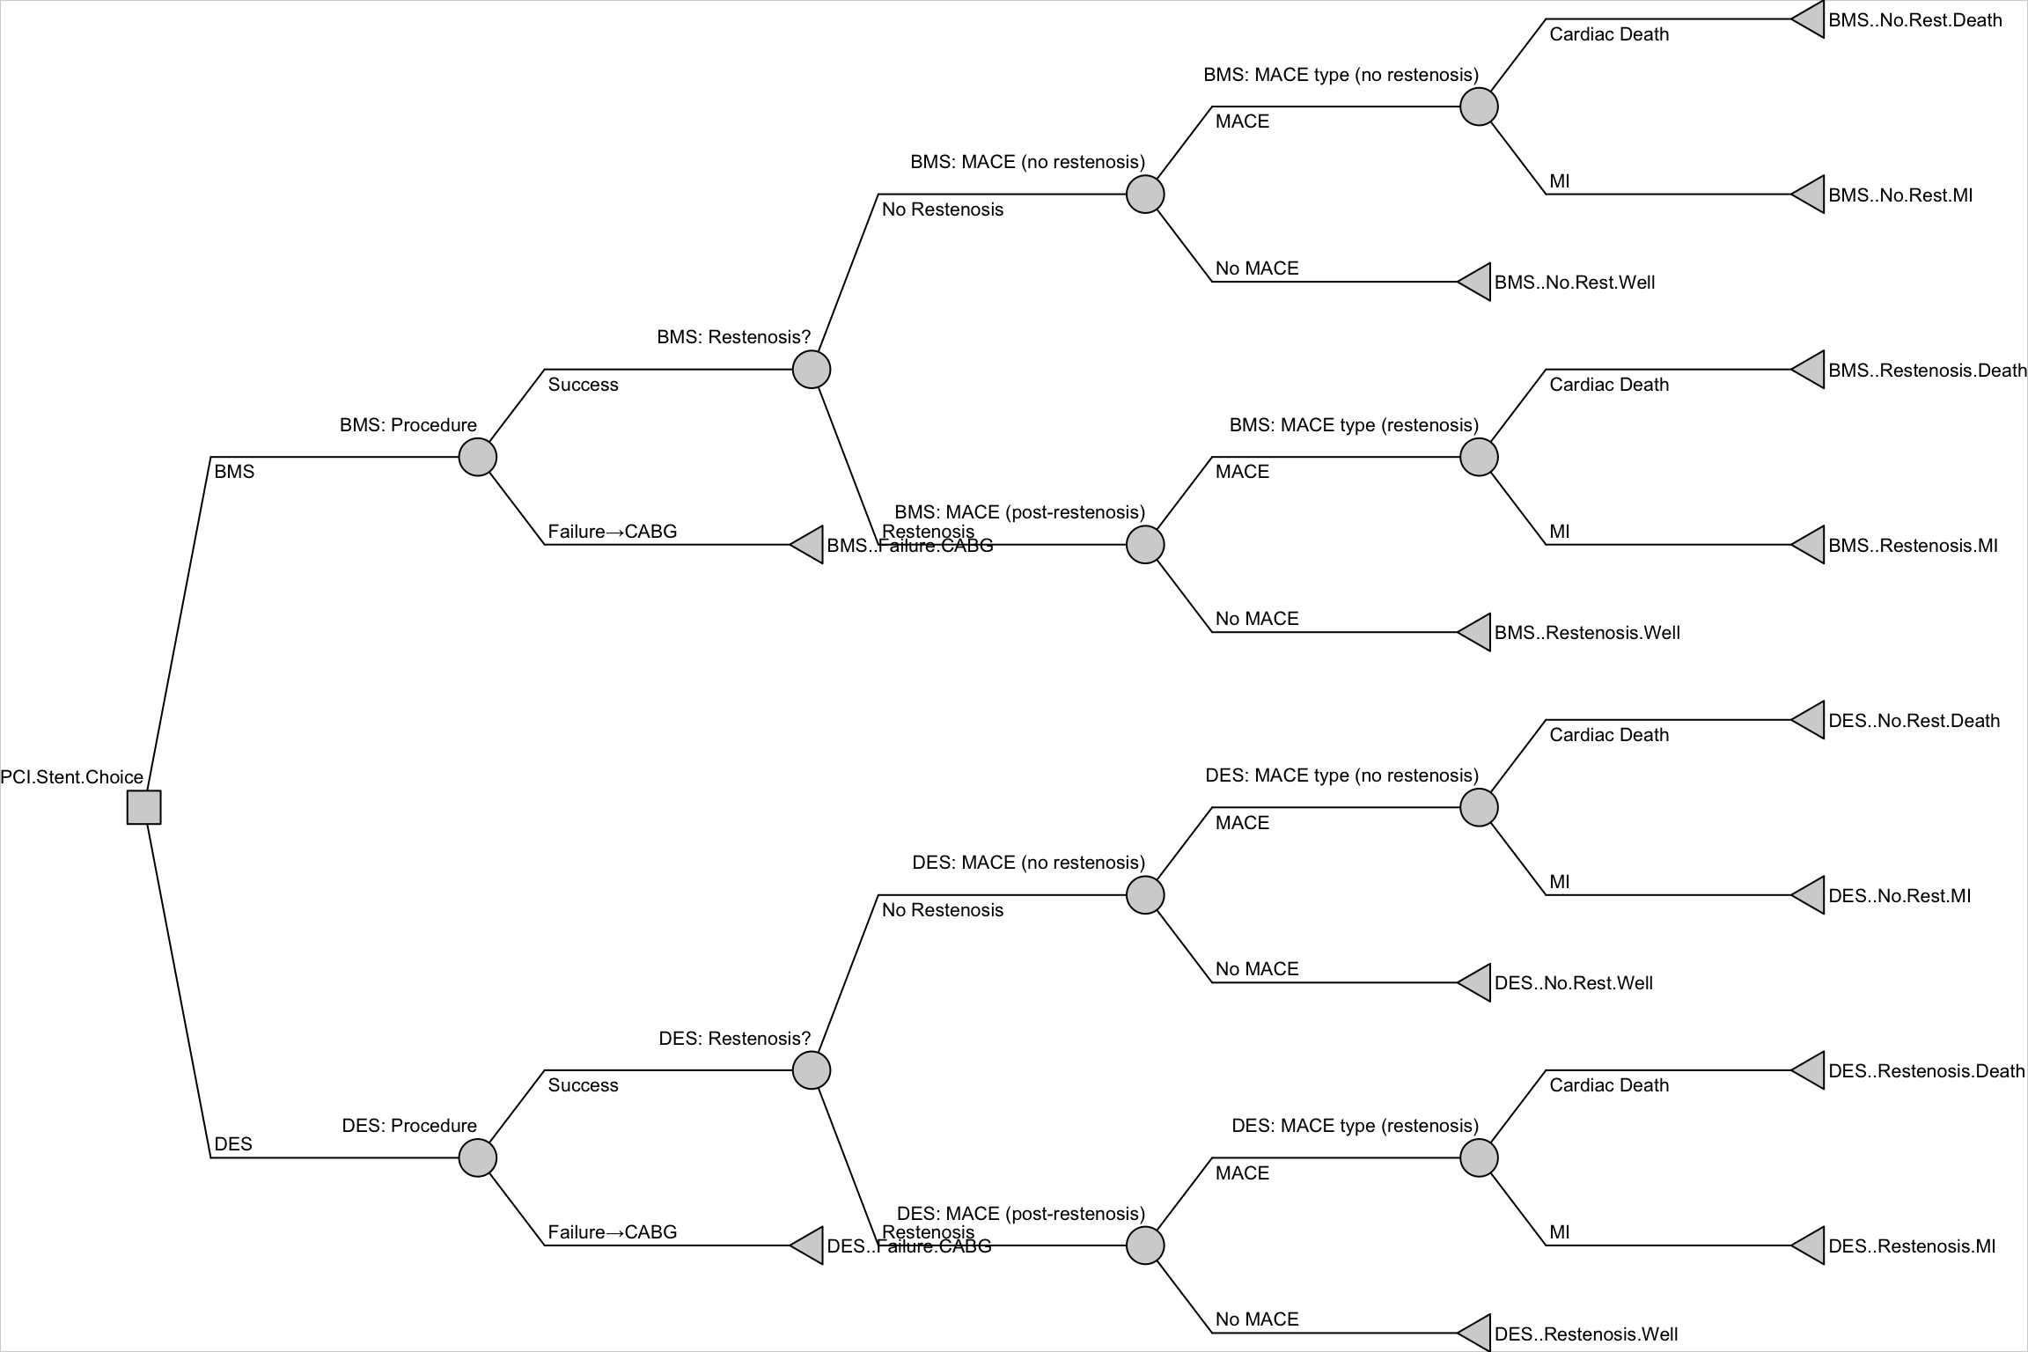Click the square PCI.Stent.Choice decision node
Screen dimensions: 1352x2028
pyautogui.click(x=143, y=807)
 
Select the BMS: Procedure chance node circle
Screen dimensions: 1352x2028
pyautogui.click(x=477, y=457)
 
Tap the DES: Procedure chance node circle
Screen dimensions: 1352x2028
pyautogui.click(x=477, y=1157)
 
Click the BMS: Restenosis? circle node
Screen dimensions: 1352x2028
pyautogui.click(x=811, y=369)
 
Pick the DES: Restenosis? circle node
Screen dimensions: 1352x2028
pyautogui.click(x=811, y=1070)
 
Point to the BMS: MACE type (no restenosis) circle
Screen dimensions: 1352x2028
pyautogui.click(x=1479, y=107)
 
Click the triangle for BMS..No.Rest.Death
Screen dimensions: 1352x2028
pyautogui.click(x=1810, y=19)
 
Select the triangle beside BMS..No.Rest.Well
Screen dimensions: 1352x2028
pyautogui.click(x=1476, y=282)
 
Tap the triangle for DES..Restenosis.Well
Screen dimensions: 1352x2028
pyautogui.click(x=1476, y=1333)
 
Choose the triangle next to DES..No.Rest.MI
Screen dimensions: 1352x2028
pyautogui.click(x=1810, y=895)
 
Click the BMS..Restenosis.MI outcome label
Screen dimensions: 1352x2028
pyautogui.click(x=1913, y=546)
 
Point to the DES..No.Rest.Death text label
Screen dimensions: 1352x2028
pyautogui.click(x=1914, y=721)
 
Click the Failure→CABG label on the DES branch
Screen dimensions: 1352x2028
pyautogui.click(x=612, y=1232)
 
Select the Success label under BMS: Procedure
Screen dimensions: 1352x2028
pyautogui.click(x=583, y=385)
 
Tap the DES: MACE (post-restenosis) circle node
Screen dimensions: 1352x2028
pyautogui.click(x=1145, y=1245)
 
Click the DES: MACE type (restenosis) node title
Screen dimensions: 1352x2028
pyautogui.click(x=1355, y=1126)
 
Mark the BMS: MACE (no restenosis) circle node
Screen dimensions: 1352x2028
pyautogui.click(x=1145, y=194)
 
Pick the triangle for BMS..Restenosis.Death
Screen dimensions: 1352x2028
pyautogui.click(x=1810, y=370)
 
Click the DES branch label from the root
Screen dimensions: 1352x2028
pyautogui.click(x=233, y=1144)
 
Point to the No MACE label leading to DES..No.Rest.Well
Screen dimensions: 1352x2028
pyautogui.click(x=1256, y=969)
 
